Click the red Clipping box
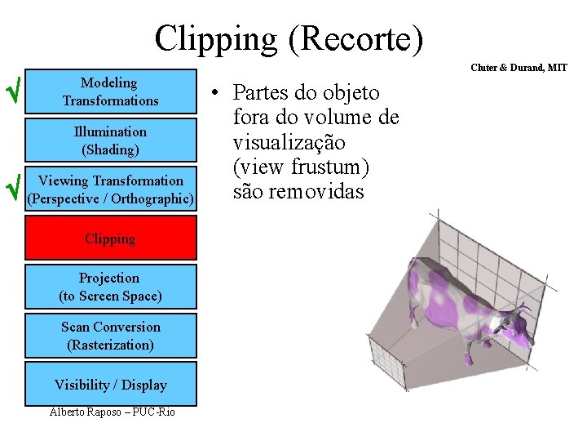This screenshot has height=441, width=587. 110,238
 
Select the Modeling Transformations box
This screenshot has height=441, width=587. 110,91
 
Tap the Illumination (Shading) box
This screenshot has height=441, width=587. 110,140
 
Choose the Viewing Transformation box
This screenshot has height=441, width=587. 110,189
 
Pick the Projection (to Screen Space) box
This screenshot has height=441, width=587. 110,287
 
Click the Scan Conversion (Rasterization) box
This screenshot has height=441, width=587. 110,336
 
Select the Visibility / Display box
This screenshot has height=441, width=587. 110,385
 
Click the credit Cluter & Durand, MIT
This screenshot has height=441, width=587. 519,68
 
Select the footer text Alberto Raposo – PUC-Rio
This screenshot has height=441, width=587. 112,412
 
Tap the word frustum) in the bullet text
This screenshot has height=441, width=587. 331,168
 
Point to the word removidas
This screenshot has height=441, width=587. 316,194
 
